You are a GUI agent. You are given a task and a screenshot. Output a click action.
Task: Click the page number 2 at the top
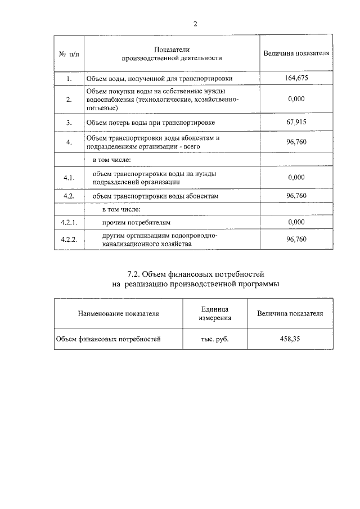(195, 24)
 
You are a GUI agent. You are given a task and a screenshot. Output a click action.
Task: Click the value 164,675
(296, 78)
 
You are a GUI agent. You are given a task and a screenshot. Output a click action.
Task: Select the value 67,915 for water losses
(296, 121)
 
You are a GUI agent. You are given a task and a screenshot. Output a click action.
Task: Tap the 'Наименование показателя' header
(119, 313)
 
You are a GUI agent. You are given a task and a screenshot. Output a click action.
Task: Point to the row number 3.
(69, 122)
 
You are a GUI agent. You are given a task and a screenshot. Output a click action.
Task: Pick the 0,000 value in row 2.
(296, 98)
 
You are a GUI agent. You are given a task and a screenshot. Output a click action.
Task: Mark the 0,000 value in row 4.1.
(296, 177)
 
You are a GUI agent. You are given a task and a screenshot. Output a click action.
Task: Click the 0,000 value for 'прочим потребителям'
(296, 223)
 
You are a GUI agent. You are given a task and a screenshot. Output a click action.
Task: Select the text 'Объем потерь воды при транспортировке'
(150, 122)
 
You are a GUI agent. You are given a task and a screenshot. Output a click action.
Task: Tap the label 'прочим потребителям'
(136, 223)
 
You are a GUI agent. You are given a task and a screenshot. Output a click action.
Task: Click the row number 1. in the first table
(69, 78)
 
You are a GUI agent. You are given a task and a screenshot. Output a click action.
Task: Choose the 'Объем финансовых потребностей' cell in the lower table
(108, 339)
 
